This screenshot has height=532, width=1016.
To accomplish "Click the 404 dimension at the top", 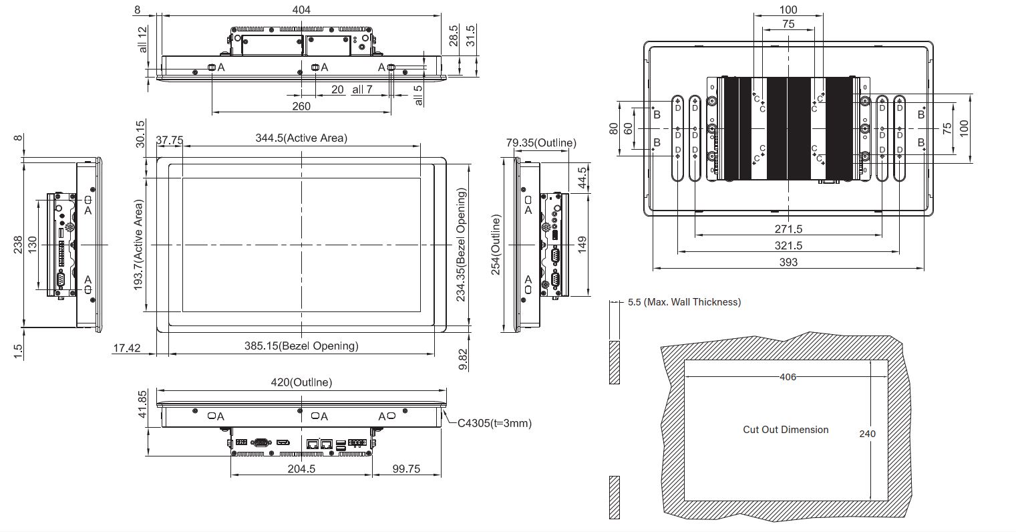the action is tap(301, 9).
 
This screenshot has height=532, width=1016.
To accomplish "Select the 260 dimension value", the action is tap(301, 106).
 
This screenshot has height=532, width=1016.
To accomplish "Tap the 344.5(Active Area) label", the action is tap(301, 138).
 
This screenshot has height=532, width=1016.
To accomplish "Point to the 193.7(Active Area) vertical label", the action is tap(138, 245).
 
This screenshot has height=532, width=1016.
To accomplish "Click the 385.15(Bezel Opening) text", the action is tap(301, 346).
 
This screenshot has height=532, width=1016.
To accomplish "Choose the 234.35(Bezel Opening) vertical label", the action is tap(461, 245).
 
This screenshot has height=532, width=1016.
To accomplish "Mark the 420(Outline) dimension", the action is tap(301, 382).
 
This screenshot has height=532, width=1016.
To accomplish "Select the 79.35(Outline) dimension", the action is tap(541, 143).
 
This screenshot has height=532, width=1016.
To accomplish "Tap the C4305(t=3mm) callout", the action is tap(494, 423).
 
